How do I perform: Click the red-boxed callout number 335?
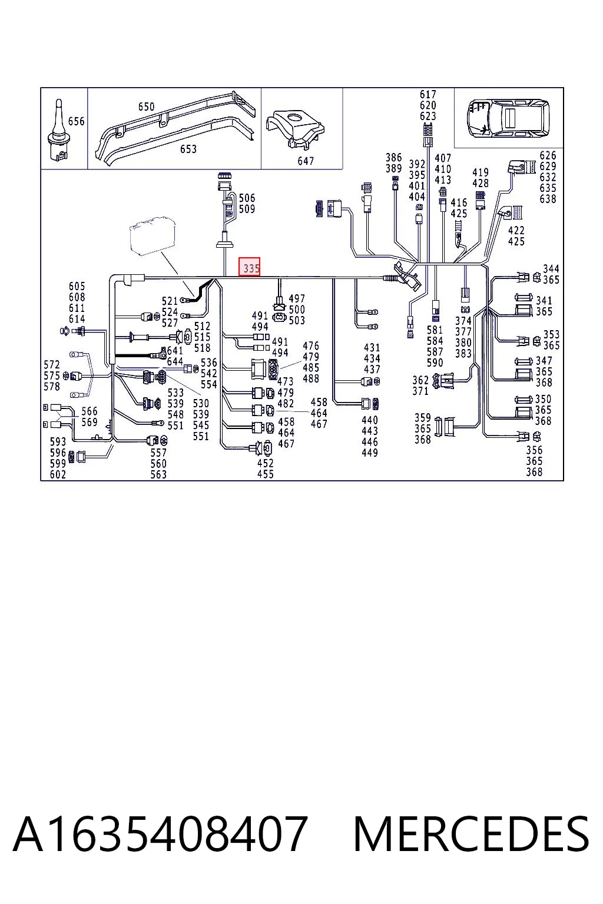tap(249, 267)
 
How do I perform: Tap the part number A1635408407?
tap(160, 834)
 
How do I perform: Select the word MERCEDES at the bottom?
tap(471, 834)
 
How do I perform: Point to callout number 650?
tap(146, 107)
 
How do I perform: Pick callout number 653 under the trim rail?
tap(188, 149)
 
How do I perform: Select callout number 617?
tap(428, 94)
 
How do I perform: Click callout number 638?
tap(548, 198)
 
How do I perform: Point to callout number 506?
tap(247, 198)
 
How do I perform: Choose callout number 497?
tap(297, 298)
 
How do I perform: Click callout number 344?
tap(551, 268)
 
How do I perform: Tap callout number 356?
tap(534, 450)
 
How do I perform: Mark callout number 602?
tap(58, 474)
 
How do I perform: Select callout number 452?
tap(266, 463)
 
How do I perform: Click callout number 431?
tap(372, 347)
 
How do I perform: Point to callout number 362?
tap(420, 380)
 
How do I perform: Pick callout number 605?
tap(77, 286)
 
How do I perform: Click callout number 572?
tap(52, 364)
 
